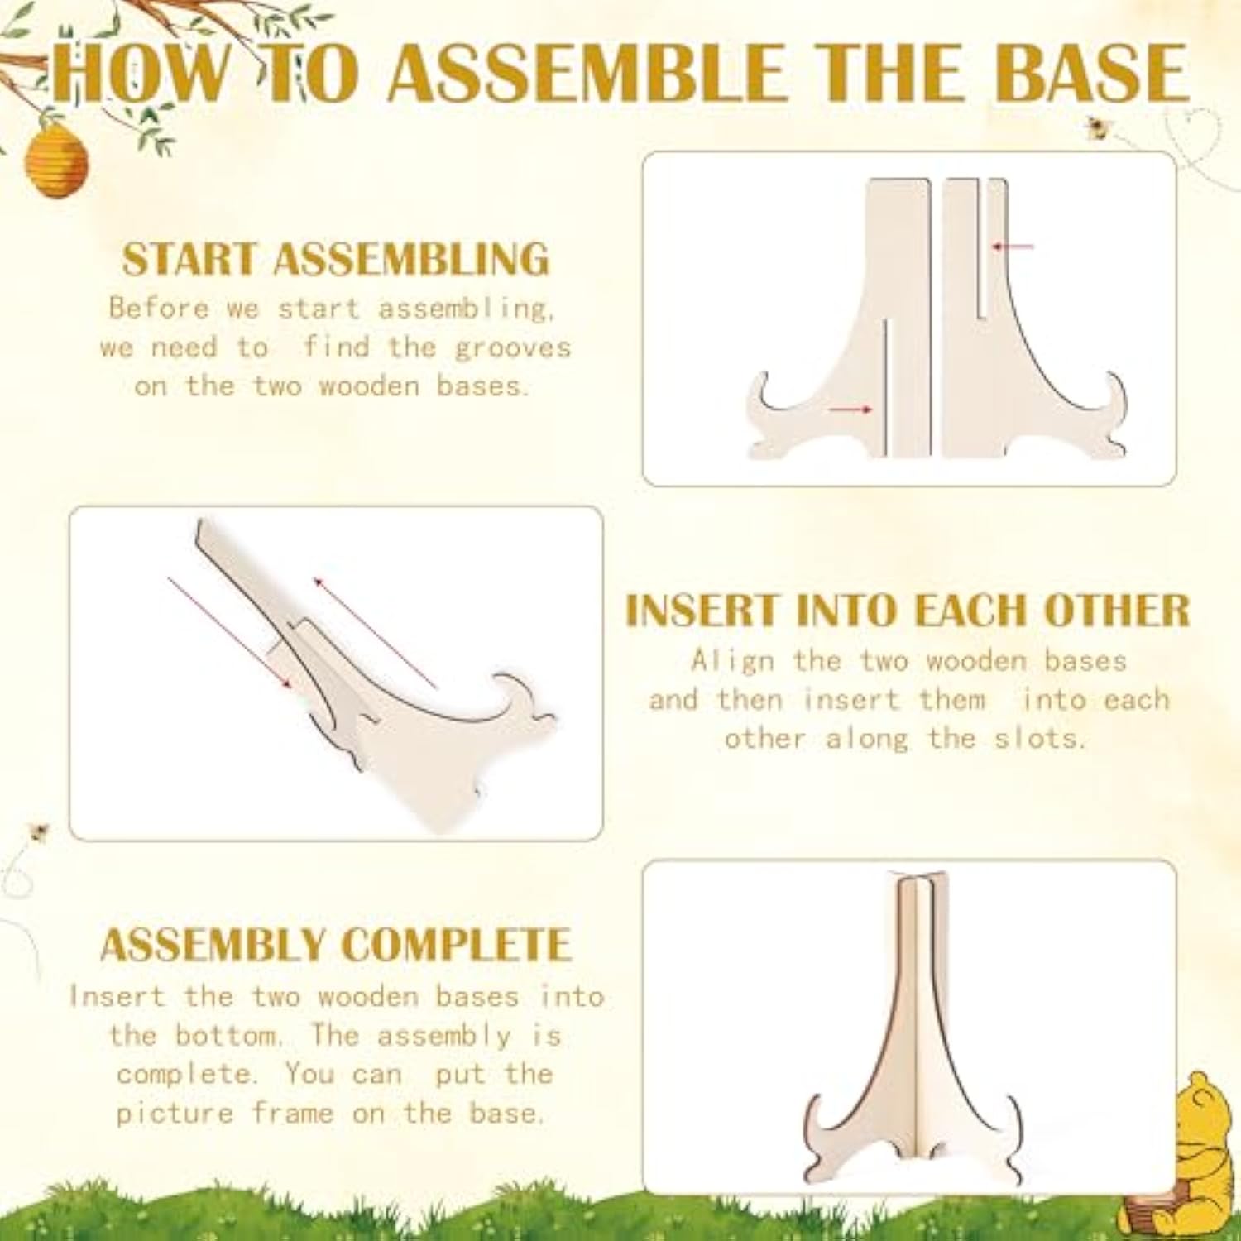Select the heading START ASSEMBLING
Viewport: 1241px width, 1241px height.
335,259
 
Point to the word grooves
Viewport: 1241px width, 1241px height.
513,348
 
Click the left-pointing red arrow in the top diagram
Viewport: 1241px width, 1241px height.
1013,246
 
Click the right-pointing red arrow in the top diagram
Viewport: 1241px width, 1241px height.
850,409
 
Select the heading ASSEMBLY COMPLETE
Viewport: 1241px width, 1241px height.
335,945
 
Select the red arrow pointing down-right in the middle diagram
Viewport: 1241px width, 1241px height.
230,632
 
